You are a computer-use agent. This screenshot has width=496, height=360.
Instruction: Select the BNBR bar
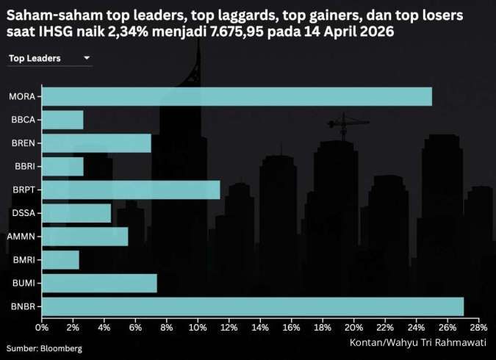click(252, 306)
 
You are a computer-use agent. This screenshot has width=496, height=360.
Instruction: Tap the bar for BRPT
click(131, 190)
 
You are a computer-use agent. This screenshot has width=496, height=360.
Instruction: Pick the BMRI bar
click(60, 259)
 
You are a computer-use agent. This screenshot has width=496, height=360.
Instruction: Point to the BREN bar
click(96, 143)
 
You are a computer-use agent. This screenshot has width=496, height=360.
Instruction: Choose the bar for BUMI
click(99, 283)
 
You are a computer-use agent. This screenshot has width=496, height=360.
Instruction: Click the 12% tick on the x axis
click(229, 327)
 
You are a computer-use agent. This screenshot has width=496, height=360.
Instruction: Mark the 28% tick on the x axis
click(478, 327)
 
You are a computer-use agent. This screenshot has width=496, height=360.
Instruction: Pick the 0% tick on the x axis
click(42, 327)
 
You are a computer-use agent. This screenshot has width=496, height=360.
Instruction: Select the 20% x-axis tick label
click(353, 327)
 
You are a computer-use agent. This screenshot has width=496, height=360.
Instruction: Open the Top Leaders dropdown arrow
click(87, 57)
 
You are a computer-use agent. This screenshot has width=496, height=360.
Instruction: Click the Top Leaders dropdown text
click(35, 57)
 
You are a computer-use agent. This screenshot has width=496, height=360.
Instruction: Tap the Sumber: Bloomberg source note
click(44, 348)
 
